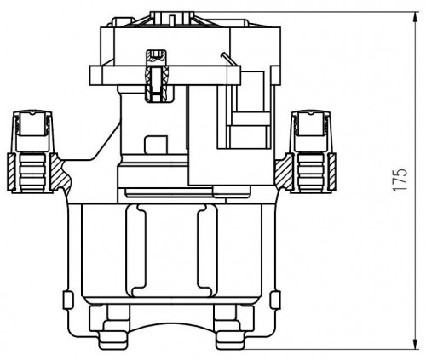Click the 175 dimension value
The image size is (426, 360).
click(400, 180)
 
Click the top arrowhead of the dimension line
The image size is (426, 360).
click(416, 17)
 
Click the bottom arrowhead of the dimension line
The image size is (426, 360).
click(416, 344)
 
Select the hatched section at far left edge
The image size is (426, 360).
click(10, 172)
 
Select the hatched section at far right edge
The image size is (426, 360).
click(332, 172)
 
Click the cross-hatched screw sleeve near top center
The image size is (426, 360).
click(156, 76)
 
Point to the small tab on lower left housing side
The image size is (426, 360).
click(68, 300)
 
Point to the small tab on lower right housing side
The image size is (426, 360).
click(275, 300)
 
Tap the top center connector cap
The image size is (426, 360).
click(172, 19)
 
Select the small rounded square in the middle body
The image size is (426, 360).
click(156, 145)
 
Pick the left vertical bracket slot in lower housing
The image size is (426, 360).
click(139, 250)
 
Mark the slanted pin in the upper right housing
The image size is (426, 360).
click(227, 59)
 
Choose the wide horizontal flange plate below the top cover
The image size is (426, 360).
click(165, 76)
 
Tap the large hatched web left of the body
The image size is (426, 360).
click(61, 173)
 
